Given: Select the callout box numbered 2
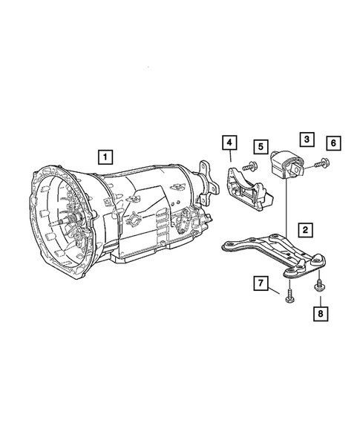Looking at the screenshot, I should (305, 230).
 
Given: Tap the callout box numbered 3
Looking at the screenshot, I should (305, 139).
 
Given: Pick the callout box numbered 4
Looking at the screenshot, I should (230, 142).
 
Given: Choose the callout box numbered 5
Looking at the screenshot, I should (261, 146).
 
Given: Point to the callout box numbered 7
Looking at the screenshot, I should (261, 283).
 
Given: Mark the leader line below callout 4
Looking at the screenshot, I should (231, 157).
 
